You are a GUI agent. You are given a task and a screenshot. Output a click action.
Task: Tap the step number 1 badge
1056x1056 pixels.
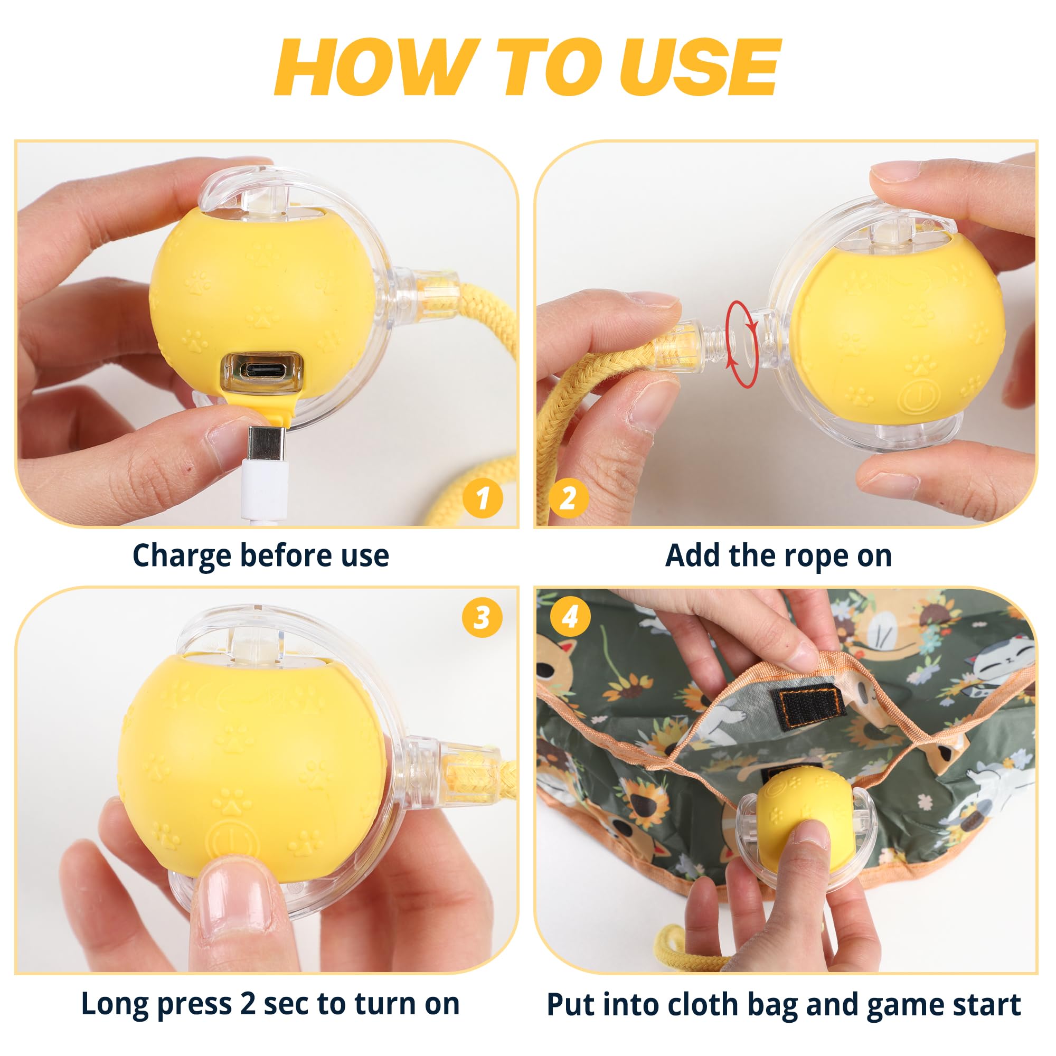pos(482,498)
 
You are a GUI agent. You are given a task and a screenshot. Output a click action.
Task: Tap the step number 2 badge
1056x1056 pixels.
pos(569,498)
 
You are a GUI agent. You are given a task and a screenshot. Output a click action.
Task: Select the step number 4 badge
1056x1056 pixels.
pos(570,617)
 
